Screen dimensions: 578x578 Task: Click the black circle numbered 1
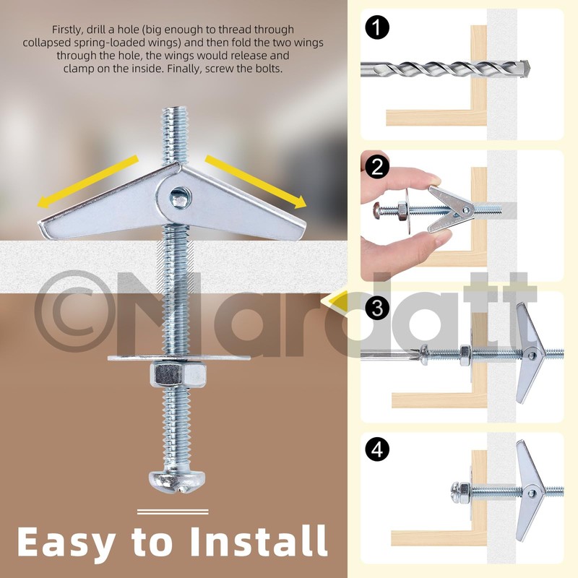coord(376,28)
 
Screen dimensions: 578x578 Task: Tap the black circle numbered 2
coord(376,167)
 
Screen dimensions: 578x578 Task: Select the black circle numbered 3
coord(376,308)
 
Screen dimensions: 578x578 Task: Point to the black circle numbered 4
coord(376,449)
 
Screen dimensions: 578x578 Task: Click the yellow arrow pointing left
coord(87,182)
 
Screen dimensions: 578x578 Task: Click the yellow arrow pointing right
coord(256,182)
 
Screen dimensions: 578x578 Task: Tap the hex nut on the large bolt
coord(178,374)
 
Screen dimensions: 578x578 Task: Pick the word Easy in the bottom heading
coord(66,544)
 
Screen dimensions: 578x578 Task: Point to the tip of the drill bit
coord(530,67)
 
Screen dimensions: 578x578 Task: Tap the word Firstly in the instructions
coord(68,30)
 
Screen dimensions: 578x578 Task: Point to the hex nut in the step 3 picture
coord(465,355)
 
